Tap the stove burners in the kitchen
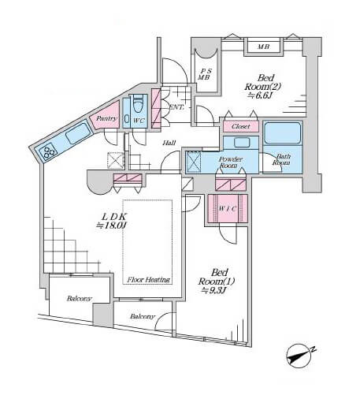coord(48,151)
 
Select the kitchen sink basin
coord(78,134)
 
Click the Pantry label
coord(106,119)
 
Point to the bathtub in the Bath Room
coord(283,133)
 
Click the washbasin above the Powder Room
coord(242,143)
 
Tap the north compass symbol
coord(300,355)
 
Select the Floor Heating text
coord(149,280)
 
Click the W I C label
coord(228,209)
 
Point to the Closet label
coord(241,126)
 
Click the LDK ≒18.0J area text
coord(112,221)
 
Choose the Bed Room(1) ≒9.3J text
coord(217,282)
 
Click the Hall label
coord(169,143)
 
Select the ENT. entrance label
coord(176,107)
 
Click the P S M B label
coord(205,74)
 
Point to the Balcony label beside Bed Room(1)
coord(143,316)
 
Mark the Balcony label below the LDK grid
coord(80,299)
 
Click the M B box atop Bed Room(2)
coord(263,47)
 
